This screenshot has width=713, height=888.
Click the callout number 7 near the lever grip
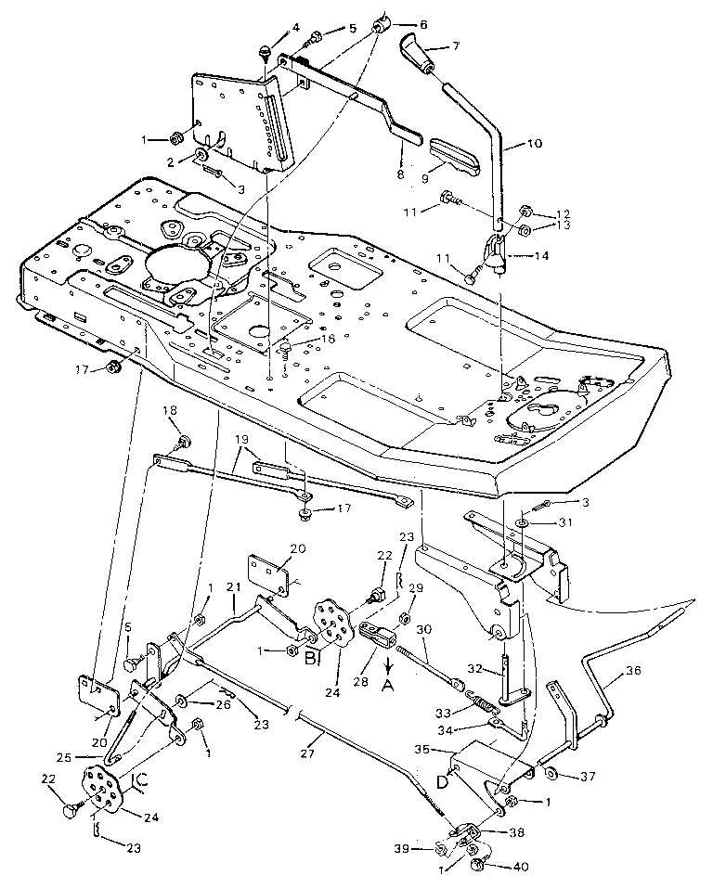(454, 45)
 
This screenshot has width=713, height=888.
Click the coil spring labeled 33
(480, 709)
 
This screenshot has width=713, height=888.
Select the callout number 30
(424, 628)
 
